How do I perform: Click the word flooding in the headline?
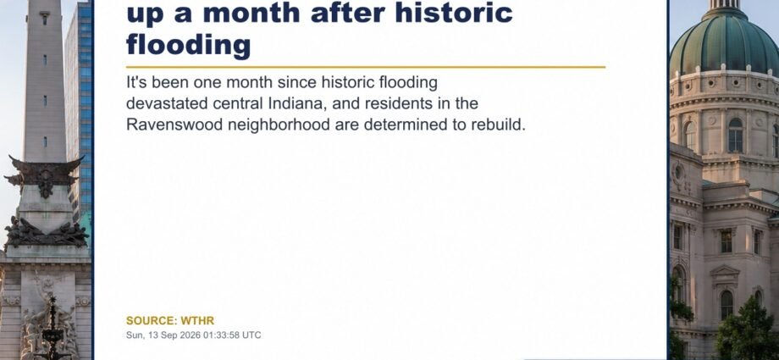coord(189,45)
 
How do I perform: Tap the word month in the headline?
coord(251,13)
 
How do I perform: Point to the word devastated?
coord(167,103)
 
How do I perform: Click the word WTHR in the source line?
coord(197,321)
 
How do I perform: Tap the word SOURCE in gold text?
coord(151,321)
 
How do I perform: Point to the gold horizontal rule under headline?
coord(366,67)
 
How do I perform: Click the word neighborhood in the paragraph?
coord(279,125)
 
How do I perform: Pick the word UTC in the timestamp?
coord(251,335)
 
